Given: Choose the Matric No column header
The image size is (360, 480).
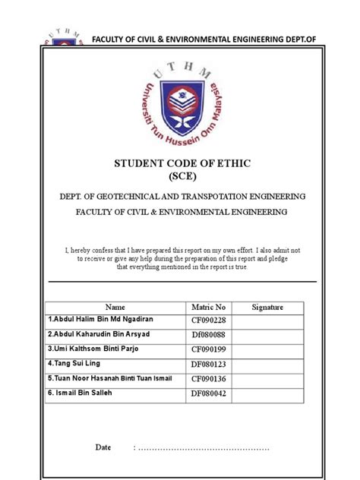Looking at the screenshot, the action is coord(209,307).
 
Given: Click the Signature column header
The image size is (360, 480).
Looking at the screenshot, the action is coord(267,307).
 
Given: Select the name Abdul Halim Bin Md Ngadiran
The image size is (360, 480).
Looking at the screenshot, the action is coord(101,321).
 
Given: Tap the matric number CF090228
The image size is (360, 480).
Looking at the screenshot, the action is coord(208,321).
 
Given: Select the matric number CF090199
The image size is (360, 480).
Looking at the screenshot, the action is coord(208,349).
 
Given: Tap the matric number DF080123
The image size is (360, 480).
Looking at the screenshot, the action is coord(208,363).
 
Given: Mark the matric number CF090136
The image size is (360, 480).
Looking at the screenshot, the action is coord(208,377).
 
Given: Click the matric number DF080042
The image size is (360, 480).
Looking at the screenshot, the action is coord(208,393).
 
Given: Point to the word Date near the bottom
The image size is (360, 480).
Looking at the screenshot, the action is coord(103,447).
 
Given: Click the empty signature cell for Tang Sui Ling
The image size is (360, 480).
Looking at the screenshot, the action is coord(267,363).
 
